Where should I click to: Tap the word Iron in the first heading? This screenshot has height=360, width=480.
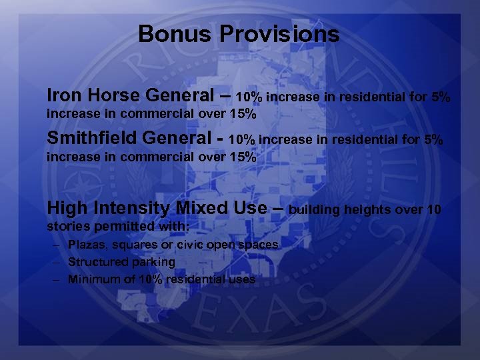[63, 96]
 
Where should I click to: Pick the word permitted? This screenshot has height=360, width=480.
[127, 227]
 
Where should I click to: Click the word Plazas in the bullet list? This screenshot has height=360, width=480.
[85, 245]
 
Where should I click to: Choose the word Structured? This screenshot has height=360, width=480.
[96, 262]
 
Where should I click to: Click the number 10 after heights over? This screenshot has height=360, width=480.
[434, 211]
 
